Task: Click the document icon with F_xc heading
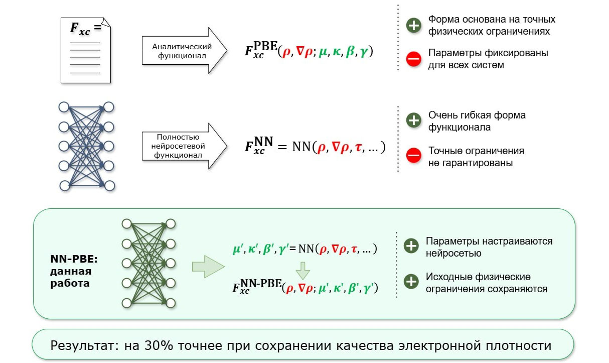(86, 50)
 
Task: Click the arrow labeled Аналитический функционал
(184, 50)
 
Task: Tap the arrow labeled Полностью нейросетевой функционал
(184, 146)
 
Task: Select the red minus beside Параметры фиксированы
(413, 59)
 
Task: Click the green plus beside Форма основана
(413, 25)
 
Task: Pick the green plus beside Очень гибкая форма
(413, 120)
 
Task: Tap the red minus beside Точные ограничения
(413, 155)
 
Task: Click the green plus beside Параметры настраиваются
(411, 246)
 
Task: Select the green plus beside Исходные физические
(411, 281)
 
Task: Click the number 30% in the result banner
(159, 345)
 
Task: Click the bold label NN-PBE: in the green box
(74, 259)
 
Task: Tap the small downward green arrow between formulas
(302, 271)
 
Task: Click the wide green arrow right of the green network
(208, 267)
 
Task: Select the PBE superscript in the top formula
(265, 46)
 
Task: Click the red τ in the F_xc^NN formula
(358, 148)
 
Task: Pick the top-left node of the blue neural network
(64, 107)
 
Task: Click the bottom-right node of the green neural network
(171, 303)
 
